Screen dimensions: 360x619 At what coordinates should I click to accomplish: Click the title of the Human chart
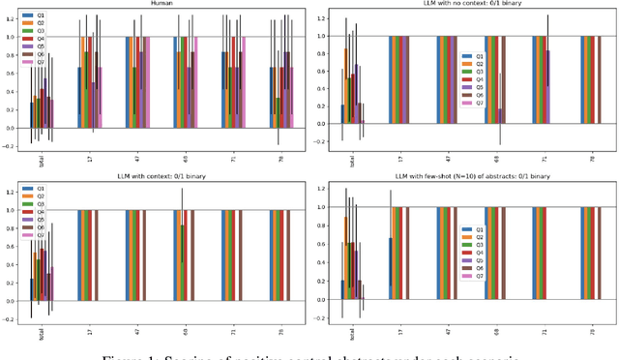pos(161,3)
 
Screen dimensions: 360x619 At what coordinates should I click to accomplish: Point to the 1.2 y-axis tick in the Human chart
pos(10,18)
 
